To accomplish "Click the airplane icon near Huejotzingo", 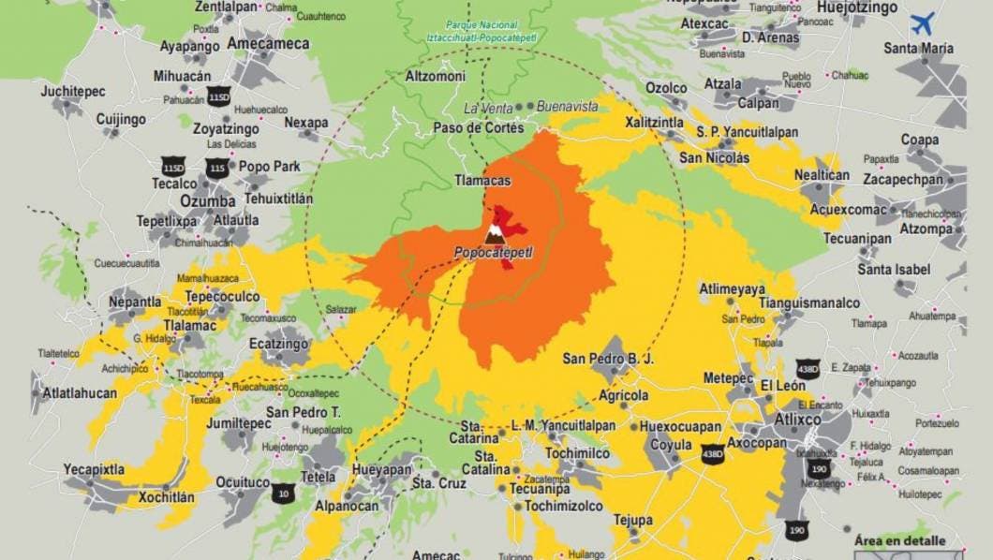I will [x=924, y=22].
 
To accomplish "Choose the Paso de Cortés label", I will [x=478, y=127].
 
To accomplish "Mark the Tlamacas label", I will [x=482, y=180].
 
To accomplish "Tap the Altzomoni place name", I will [x=435, y=76].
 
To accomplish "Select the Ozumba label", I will [x=207, y=202].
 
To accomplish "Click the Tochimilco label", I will [x=578, y=453].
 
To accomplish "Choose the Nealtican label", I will [x=822, y=175].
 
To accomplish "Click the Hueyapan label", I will [x=381, y=469].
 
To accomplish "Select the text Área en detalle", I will [x=899, y=541].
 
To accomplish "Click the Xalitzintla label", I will [x=654, y=123].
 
